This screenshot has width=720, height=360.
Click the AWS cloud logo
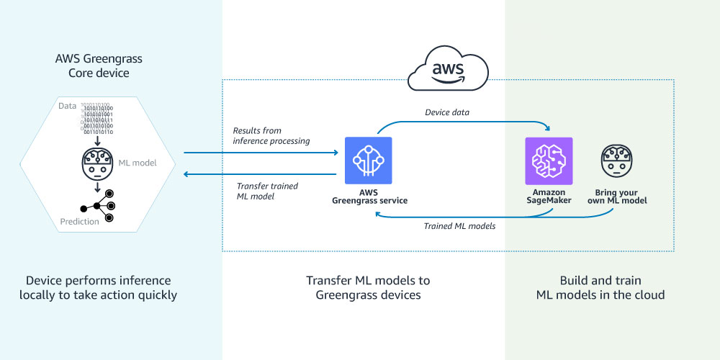click(448, 71)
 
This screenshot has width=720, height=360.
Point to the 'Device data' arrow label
click(447, 112)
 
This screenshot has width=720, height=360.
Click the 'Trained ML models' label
click(458, 226)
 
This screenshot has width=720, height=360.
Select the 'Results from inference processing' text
click(271, 136)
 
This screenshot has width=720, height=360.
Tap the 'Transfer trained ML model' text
click(268, 191)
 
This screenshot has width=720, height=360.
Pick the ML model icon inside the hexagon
click(96, 163)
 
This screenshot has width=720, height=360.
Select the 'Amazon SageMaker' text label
click(549, 196)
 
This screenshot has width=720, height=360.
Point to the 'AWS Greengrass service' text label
click(369, 196)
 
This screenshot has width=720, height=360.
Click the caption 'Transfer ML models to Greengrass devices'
click(363, 287)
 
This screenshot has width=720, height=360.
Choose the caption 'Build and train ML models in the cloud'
click(600, 287)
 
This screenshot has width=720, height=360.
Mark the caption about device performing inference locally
click(98, 287)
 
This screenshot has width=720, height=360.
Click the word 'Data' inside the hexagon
click(67, 106)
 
